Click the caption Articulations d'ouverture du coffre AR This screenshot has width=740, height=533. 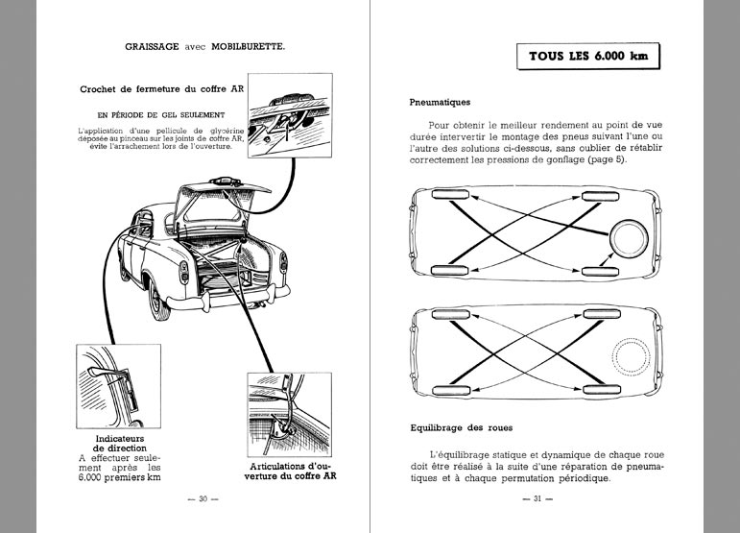coord(285,471)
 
